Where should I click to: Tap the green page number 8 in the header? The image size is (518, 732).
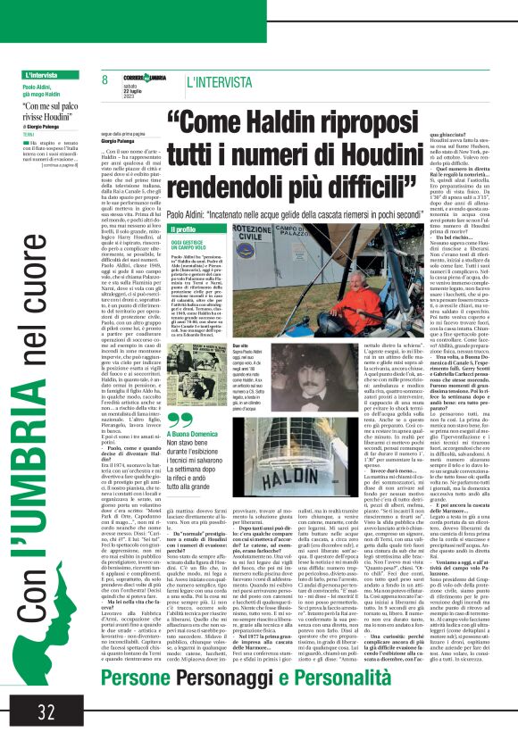coord(105,80)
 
